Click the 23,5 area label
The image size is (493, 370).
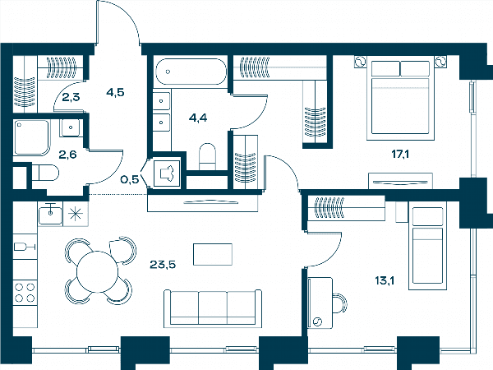tap(163, 265)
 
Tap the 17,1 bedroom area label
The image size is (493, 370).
tap(400, 155)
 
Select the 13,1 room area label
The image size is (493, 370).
tap(385, 280)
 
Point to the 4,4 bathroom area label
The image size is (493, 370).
tap(198, 118)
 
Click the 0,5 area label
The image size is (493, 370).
tap(130, 179)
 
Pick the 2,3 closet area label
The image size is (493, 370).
tap(71, 97)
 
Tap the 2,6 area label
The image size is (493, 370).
tap(67, 155)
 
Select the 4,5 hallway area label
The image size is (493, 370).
tap(115, 92)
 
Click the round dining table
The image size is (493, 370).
tap(97, 272)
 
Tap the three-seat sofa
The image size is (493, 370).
tap(213, 308)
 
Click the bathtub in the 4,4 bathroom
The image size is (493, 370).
tap(191, 72)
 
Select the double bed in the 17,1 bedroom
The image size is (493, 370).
tap(400, 100)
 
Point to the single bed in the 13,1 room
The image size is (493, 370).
tap(427, 245)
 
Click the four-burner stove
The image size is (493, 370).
tap(25, 293)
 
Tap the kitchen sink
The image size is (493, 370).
tap(50, 215)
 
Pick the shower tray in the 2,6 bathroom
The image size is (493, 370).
tap(31, 137)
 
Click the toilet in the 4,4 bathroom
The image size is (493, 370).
tap(208, 157)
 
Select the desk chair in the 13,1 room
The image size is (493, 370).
tap(339, 303)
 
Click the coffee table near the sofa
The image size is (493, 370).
tap(213, 254)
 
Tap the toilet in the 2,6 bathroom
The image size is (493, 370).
tap(45, 173)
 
